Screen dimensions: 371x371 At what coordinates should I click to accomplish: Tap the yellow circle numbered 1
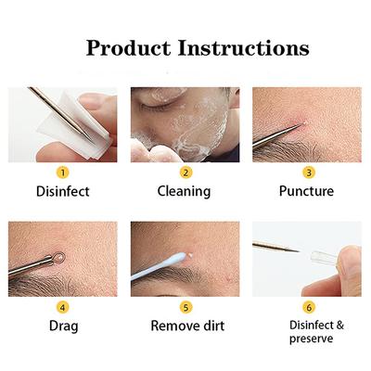pyautogui.click(x=62, y=172)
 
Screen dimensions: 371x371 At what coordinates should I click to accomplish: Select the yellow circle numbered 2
pyautogui.click(x=185, y=172)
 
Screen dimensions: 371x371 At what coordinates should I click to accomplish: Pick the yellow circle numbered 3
pyautogui.click(x=308, y=172)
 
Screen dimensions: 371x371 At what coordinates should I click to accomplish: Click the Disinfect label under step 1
pyautogui.click(x=62, y=192)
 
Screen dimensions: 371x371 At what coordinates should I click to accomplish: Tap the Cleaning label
pyautogui.click(x=185, y=192)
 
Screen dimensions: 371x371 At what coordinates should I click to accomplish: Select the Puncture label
pyautogui.click(x=308, y=192)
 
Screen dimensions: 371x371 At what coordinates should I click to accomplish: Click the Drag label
pyautogui.click(x=62, y=326)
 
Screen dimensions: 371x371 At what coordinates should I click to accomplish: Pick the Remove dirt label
pyautogui.click(x=185, y=326)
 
